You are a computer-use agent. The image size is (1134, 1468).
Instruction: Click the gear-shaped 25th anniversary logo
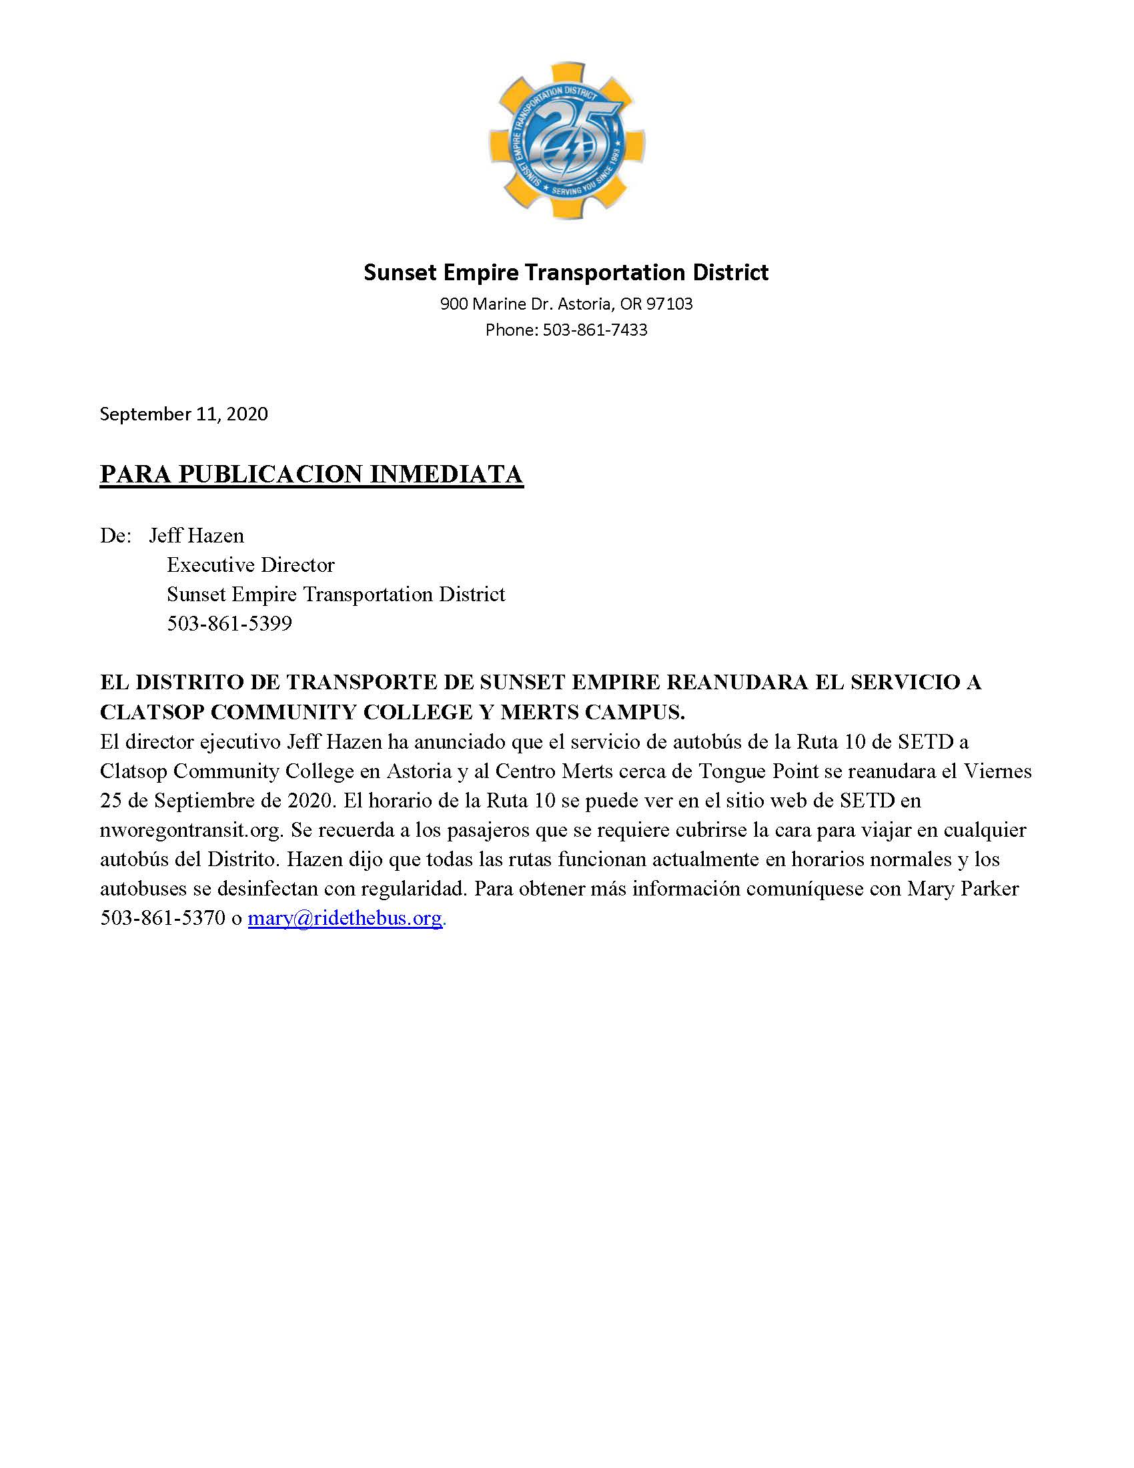[566, 141]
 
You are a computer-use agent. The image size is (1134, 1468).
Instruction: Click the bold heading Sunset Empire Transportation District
[566, 272]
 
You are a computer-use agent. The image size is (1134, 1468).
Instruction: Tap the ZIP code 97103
[669, 304]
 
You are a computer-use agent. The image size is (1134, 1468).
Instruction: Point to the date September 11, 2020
[183, 414]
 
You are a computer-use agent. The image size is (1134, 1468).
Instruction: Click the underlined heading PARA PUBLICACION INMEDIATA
[311, 474]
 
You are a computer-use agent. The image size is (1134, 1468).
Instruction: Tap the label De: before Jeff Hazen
[115, 536]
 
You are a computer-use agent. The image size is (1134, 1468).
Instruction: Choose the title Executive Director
[251, 565]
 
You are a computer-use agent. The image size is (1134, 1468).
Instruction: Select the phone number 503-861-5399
[229, 625]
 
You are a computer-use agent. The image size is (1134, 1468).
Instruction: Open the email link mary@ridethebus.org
[346, 918]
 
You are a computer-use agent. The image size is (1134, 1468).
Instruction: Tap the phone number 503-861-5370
[163, 918]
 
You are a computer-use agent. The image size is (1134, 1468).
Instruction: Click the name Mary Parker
[963, 889]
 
